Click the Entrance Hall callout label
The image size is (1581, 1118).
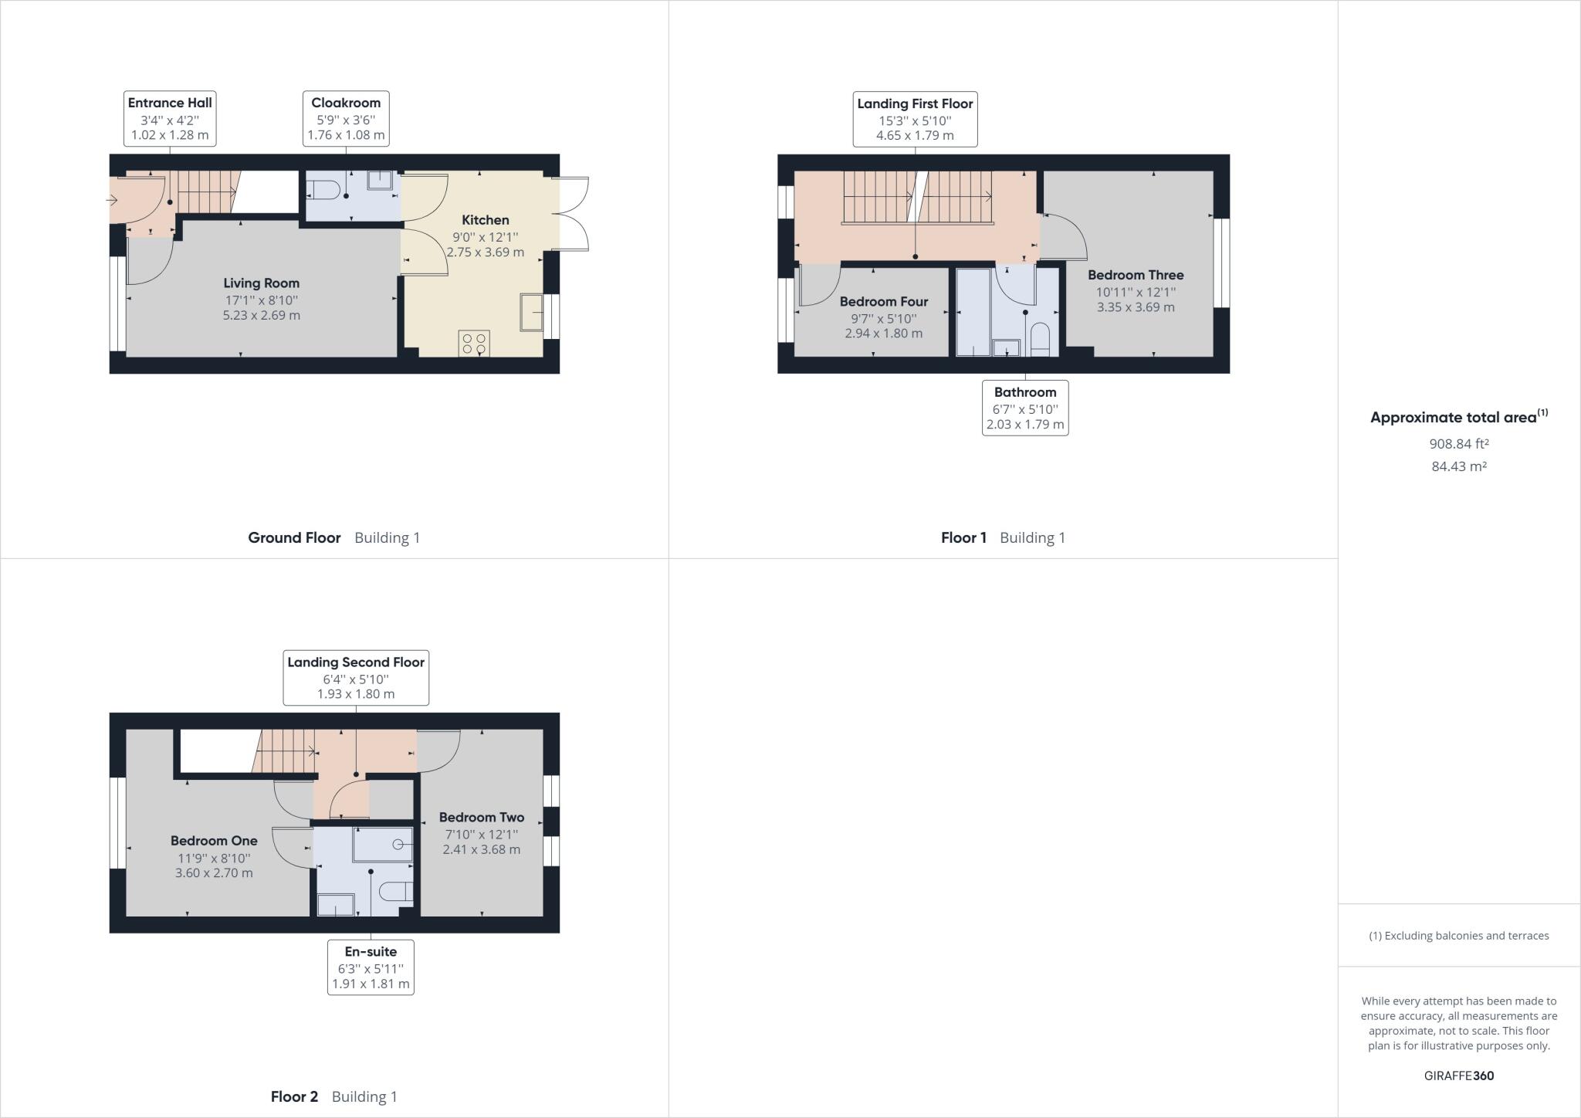(170, 118)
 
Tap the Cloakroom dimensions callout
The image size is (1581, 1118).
(346, 118)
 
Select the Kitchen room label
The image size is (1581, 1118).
(485, 220)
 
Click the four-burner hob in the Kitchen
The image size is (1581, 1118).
(474, 344)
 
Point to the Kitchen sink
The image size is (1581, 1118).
(531, 312)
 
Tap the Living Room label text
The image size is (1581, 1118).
(261, 283)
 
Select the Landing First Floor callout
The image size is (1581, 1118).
(915, 119)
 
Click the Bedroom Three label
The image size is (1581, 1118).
(1135, 275)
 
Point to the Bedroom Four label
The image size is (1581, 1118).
(883, 302)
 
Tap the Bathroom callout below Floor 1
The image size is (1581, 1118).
(1024, 408)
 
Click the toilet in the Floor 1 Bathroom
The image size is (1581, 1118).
(1040, 339)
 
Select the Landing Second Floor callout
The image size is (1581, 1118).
(355, 677)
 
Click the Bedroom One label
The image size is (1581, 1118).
(214, 841)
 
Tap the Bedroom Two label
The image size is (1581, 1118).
(481, 817)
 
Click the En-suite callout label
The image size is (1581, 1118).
(371, 967)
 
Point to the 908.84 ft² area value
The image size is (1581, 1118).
(1458, 444)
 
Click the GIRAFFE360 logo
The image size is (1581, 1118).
(1458, 1076)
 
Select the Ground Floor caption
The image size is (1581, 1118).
(294, 537)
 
